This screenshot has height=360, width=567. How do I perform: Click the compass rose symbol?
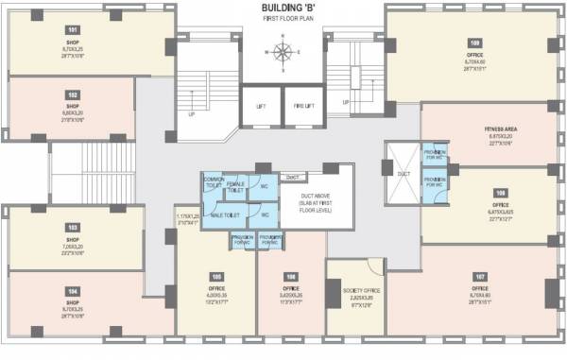pyautogui.click(x=283, y=50)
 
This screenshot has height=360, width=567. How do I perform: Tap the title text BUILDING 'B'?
pyautogui.click(x=282, y=8)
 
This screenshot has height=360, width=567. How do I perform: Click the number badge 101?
pyautogui.click(x=46, y=30)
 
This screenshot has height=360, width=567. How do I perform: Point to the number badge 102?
pyautogui.click(x=46, y=94)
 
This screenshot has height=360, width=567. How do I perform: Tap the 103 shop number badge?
pyautogui.click(x=45, y=228)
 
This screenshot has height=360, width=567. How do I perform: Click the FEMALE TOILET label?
pyautogui.click(x=236, y=187)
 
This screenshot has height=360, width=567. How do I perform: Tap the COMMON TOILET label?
pyautogui.click(x=215, y=183)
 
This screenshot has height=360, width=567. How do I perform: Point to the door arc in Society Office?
pyautogui.click(x=374, y=266)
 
